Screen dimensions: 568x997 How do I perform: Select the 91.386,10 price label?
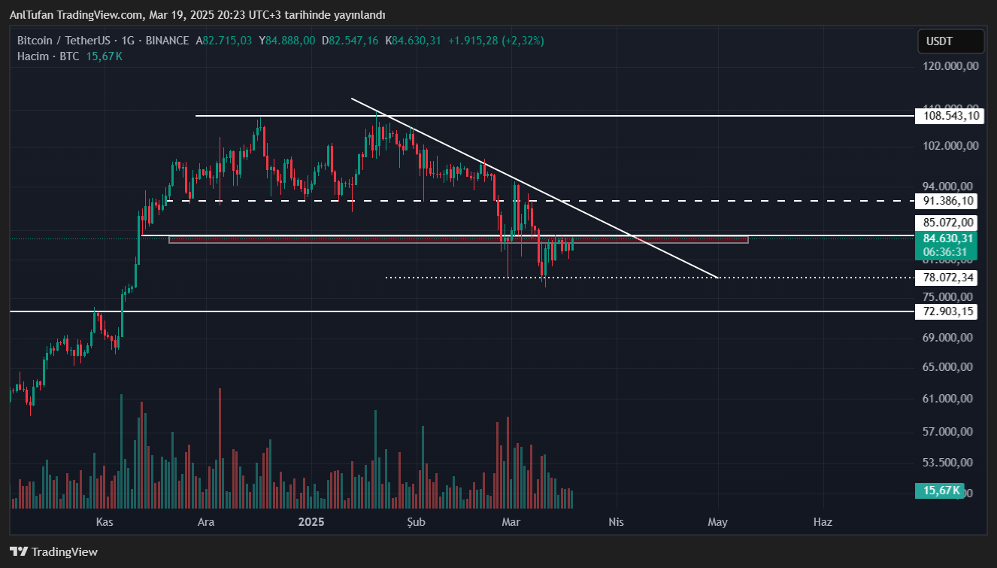947,201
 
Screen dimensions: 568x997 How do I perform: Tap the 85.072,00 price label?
947,223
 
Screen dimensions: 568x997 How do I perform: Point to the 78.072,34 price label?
947,278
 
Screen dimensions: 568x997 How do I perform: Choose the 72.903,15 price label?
947,311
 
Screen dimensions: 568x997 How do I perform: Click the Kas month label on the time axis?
105,521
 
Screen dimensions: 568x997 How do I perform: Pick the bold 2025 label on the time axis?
311,521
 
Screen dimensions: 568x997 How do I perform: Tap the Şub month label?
416,521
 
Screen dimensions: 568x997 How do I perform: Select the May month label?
717,521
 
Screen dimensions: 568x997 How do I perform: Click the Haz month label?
823,521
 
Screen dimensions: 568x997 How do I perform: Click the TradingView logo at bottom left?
54,551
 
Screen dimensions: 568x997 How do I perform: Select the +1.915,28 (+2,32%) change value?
495,41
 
